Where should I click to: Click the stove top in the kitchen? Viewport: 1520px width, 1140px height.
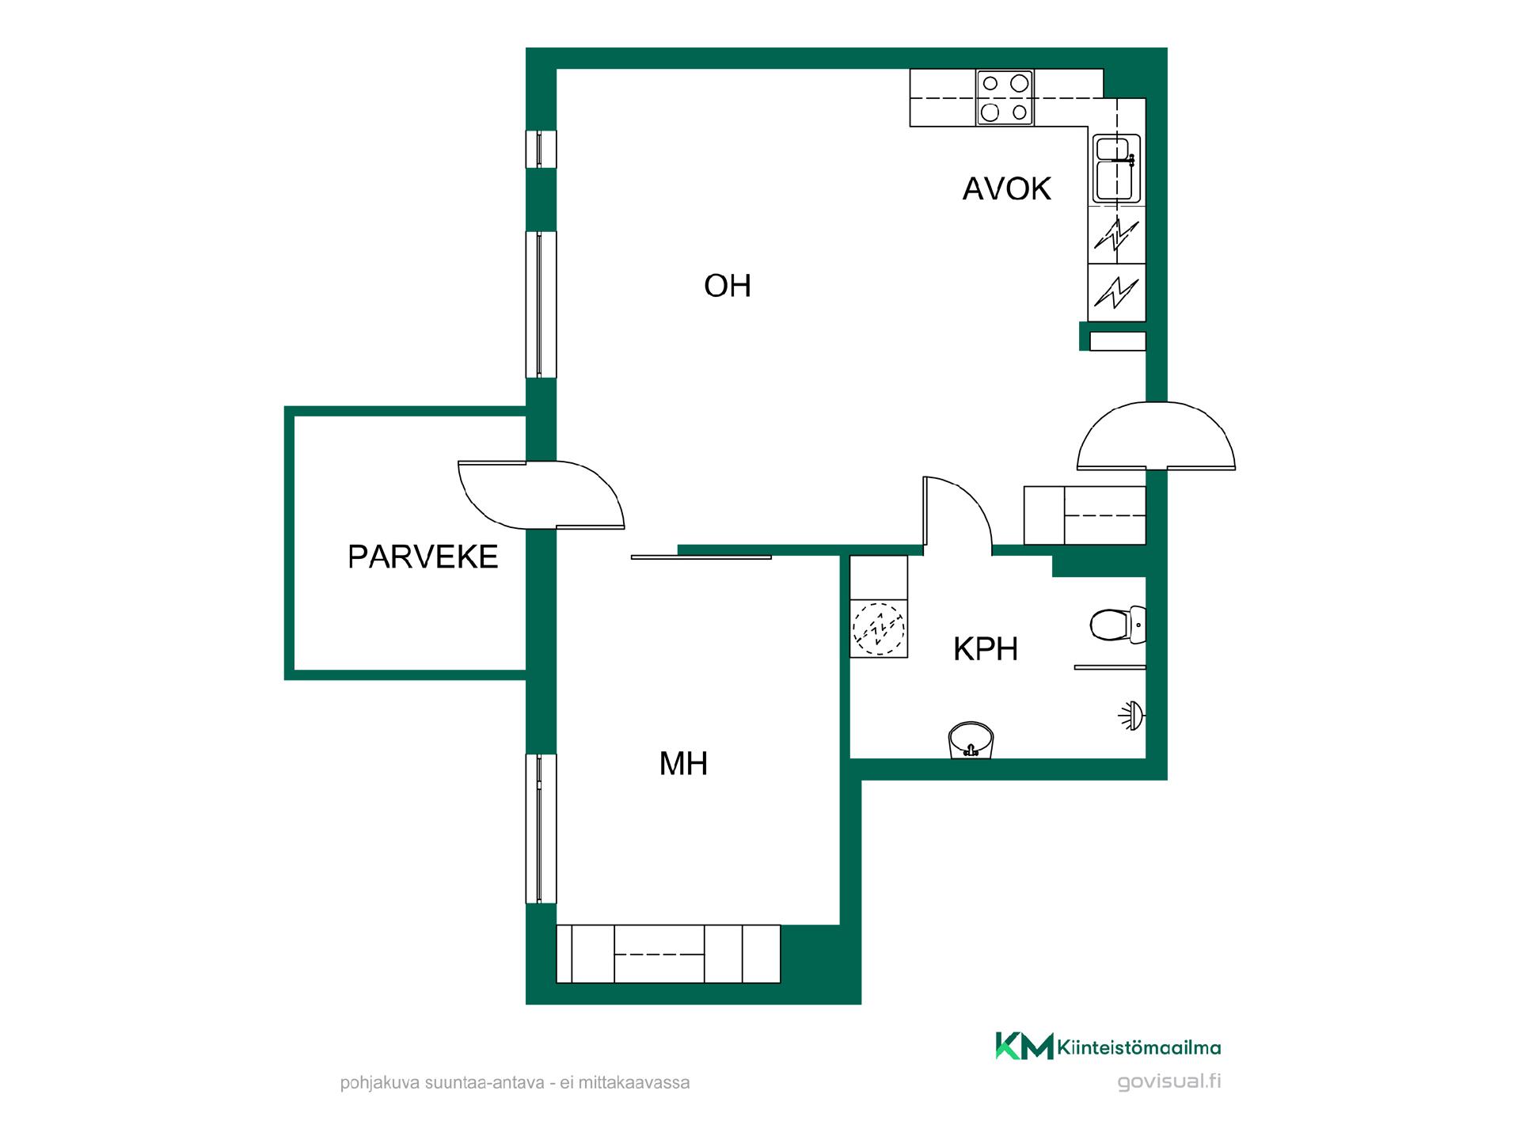click(1005, 98)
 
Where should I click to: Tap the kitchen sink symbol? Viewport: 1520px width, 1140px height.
click(1117, 169)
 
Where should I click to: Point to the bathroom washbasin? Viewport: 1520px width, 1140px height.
click(971, 740)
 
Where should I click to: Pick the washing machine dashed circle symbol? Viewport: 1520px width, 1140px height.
click(878, 629)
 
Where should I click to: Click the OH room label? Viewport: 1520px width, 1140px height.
click(727, 286)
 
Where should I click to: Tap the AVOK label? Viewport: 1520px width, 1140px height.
click(1006, 188)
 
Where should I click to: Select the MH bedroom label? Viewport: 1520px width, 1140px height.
click(683, 764)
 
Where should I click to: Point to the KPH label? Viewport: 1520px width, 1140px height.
click(985, 649)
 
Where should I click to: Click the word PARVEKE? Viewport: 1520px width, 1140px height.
click(423, 557)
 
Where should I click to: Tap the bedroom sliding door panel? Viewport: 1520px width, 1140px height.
click(701, 557)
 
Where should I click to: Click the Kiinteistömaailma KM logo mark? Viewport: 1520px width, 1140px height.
click(1024, 1046)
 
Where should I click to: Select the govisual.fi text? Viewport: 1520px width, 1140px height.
click(1168, 1082)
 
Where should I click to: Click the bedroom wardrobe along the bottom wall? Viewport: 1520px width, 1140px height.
click(668, 954)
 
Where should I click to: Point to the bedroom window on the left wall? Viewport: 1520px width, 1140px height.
click(541, 829)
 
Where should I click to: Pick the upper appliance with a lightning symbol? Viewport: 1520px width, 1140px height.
click(1116, 235)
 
